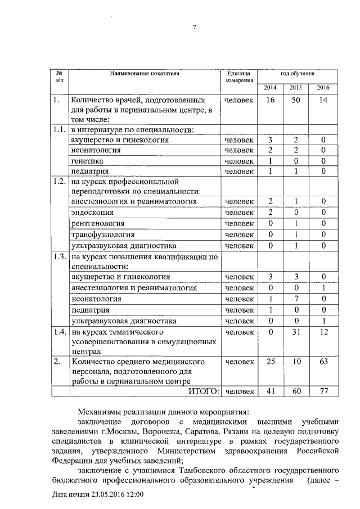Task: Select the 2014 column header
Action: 270,88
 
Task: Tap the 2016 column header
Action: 323,88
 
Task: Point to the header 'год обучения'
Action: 297,74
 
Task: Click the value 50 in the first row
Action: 296,100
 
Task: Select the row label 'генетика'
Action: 87,161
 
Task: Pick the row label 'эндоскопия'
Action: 92,213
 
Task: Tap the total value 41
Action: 270,391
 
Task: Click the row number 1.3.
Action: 59,257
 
